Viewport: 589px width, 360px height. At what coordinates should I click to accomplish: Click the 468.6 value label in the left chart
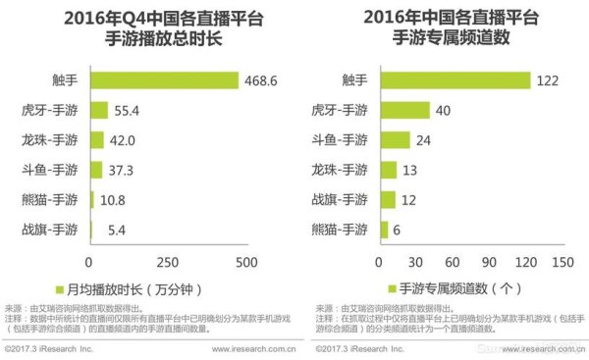pos(267,80)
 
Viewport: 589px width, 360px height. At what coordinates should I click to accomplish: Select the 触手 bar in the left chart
pos(165,80)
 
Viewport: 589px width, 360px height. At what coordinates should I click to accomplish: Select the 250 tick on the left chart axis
pos(168,262)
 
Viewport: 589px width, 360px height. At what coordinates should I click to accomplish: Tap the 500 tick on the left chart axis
pos(245,262)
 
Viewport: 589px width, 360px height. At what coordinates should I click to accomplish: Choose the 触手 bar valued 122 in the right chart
pos(454,80)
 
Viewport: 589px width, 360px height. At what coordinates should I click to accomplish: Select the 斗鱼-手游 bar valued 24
pos(392,139)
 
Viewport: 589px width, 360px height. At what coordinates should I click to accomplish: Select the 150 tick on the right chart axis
pos(562,262)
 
